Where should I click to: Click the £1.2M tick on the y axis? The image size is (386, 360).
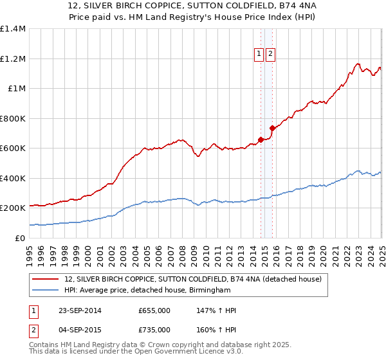[x=12, y=59]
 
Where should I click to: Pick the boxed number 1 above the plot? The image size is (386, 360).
[x=259, y=55]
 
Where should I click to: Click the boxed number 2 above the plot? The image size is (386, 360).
[x=270, y=55]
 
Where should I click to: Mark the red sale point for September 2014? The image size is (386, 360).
[x=261, y=139]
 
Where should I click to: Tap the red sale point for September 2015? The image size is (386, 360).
[x=272, y=127]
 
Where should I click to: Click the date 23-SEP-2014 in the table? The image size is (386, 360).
[x=79, y=310]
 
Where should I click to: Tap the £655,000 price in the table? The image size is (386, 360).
[x=154, y=310]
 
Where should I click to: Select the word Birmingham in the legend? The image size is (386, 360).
[x=208, y=291]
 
